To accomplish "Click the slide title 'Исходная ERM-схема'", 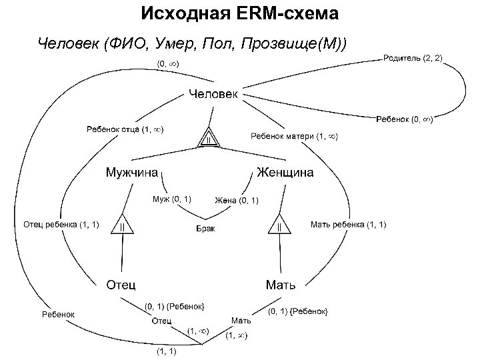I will click(240, 13).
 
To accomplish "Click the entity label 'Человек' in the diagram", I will click(212, 94).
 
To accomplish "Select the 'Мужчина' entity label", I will click(132, 173).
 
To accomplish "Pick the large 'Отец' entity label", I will click(123, 285).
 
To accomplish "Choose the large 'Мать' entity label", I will click(281, 285).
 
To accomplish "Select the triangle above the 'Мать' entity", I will click(280, 225).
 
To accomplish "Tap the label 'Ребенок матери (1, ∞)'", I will click(294, 137).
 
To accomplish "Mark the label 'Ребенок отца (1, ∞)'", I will click(124, 129).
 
